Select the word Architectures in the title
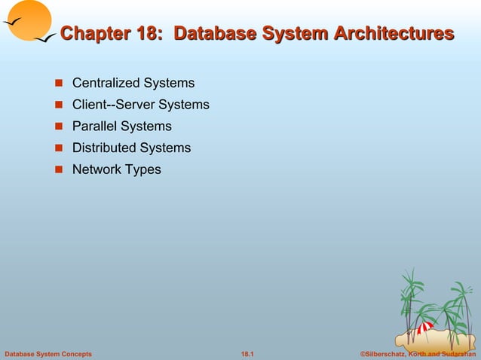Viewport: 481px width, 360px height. pos(391,34)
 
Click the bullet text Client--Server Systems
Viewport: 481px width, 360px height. pos(140,105)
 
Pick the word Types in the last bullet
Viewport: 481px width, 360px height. pos(144,170)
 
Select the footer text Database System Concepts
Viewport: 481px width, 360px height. pos(48,353)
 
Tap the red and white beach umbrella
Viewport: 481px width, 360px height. pos(425,327)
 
